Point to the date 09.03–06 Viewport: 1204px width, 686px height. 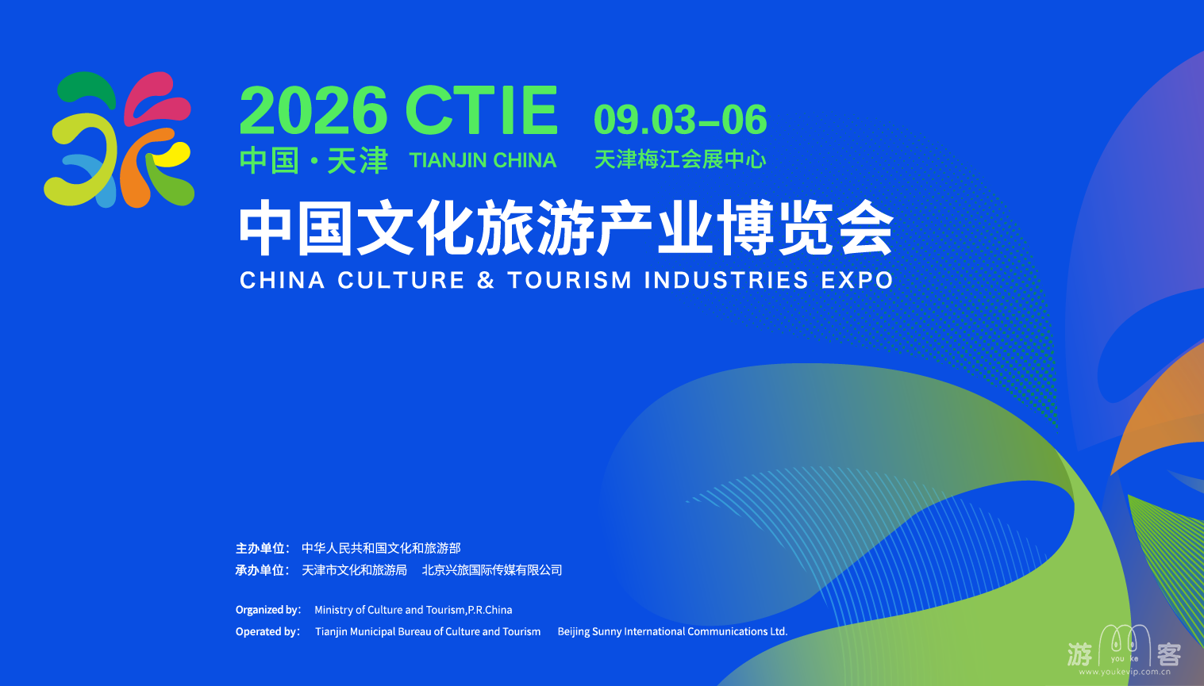680,119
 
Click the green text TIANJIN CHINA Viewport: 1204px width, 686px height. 483,160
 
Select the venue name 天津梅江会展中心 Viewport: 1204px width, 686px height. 680,159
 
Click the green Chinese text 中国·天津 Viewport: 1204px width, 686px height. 314,160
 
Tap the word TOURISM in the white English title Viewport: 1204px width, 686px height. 570,280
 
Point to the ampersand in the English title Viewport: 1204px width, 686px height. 486,280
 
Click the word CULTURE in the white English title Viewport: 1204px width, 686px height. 401,280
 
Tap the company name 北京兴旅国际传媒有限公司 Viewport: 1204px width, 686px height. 492,570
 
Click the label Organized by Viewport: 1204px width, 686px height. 267,610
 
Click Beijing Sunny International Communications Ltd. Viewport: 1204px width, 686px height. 672,631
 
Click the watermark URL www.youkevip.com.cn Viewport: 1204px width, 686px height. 1125,672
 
